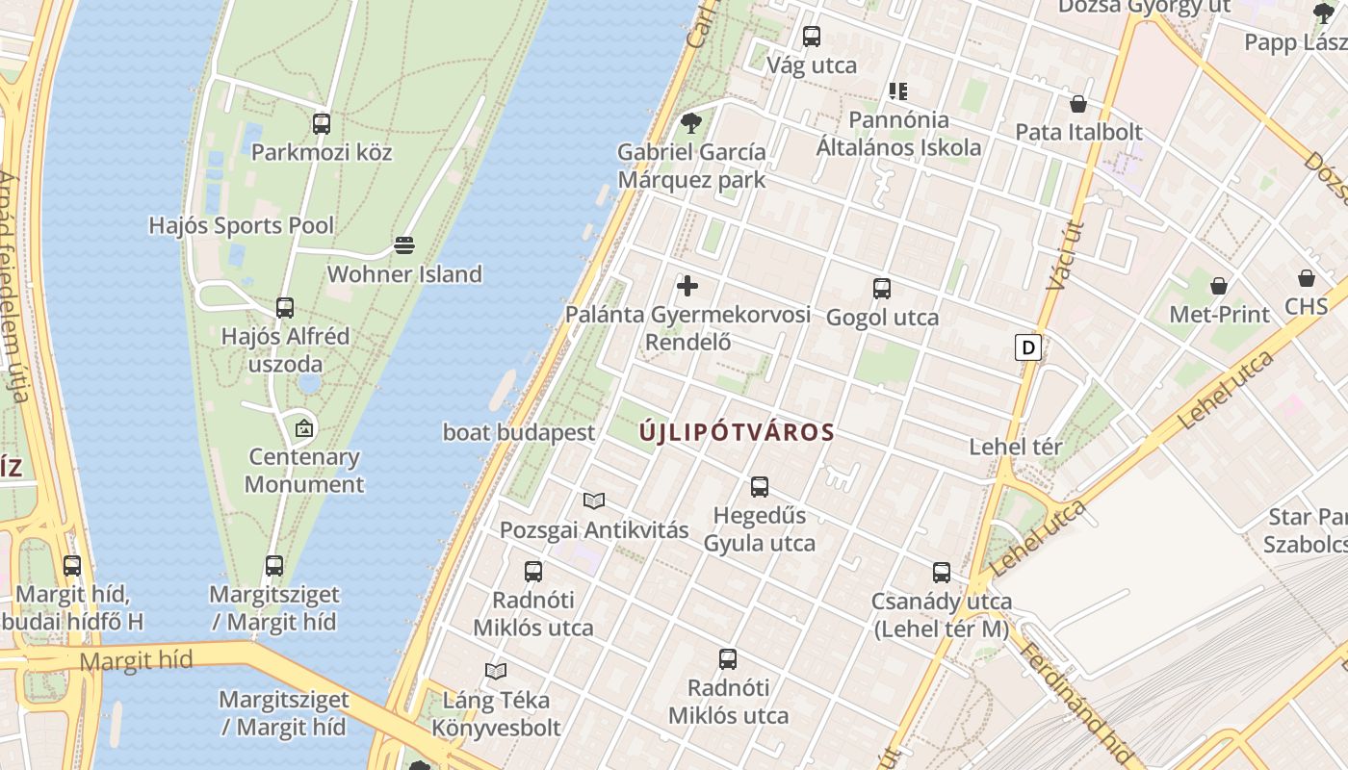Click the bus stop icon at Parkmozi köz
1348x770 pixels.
(x=322, y=123)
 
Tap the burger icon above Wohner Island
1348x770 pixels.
(x=404, y=245)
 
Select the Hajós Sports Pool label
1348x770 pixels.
(x=241, y=225)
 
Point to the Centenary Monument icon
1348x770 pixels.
(x=304, y=427)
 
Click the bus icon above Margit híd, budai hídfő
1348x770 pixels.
(x=72, y=566)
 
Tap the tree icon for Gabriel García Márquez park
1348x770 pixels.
(x=690, y=123)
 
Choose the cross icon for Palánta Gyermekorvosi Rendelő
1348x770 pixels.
(x=687, y=286)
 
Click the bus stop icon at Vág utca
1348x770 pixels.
(x=812, y=37)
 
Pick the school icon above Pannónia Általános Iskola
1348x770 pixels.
(x=898, y=91)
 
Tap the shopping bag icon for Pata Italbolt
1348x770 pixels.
(x=1078, y=103)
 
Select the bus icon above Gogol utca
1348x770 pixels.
(x=882, y=288)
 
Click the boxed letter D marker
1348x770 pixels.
(x=1028, y=347)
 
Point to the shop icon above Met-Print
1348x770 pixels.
(x=1219, y=286)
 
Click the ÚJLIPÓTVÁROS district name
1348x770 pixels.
(x=738, y=433)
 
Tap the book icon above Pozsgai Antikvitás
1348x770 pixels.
(x=594, y=500)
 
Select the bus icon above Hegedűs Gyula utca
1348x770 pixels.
(x=760, y=487)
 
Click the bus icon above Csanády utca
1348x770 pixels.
(x=942, y=573)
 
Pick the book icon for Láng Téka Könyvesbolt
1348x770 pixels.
(x=496, y=671)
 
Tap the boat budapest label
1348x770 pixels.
(x=519, y=432)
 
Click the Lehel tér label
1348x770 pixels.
(x=1016, y=447)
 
